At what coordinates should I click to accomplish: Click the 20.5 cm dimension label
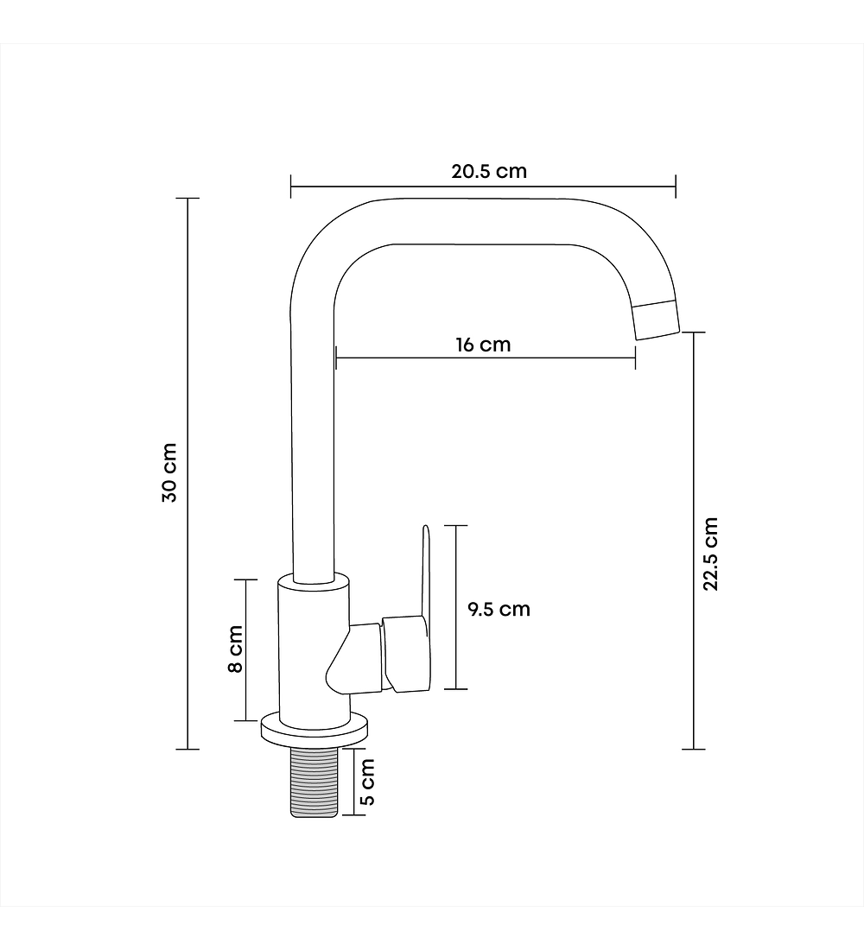tap(489, 172)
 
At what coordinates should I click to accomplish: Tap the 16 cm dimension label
tap(483, 345)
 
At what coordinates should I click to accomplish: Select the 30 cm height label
tap(169, 473)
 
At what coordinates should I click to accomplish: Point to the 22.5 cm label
tap(710, 554)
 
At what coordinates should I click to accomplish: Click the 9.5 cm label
tap(499, 609)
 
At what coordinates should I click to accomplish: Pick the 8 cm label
tap(235, 649)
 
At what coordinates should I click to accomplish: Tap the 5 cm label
tap(367, 782)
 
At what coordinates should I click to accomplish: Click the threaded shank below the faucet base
tap(314, 782)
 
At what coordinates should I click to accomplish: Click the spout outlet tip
tap(656, 320)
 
